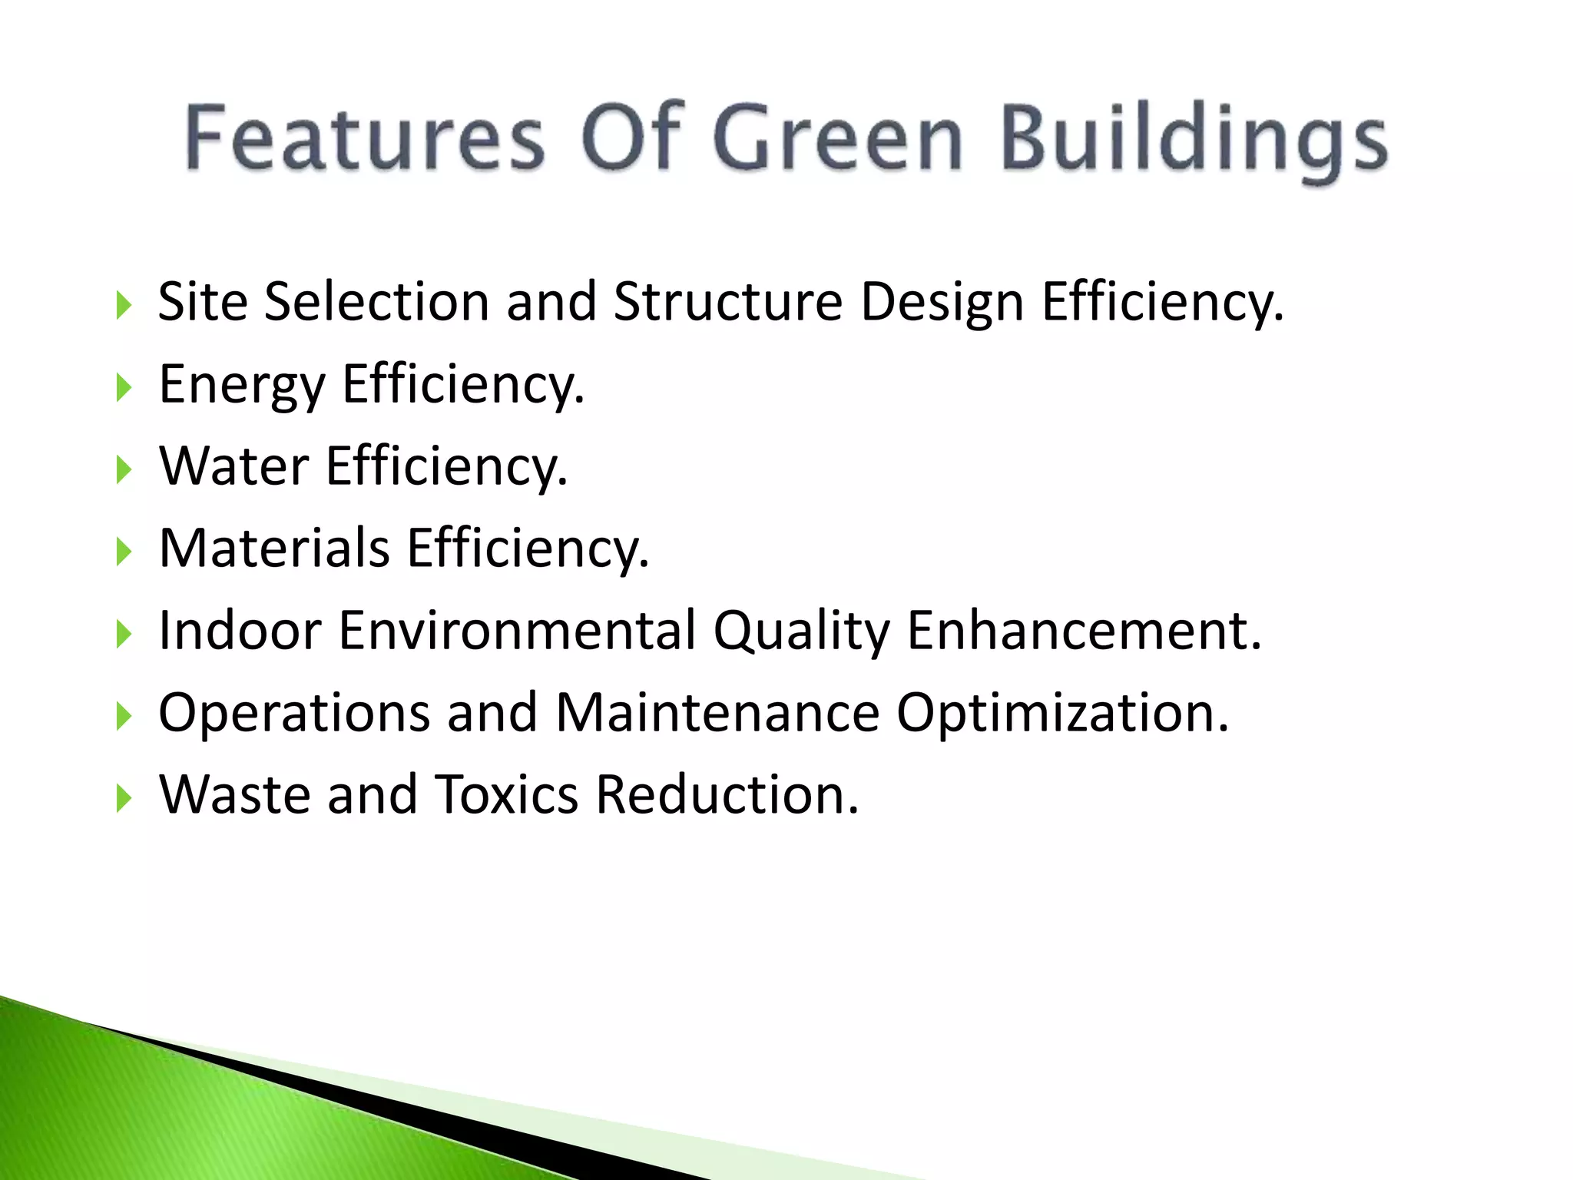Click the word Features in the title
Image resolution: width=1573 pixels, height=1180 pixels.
365,138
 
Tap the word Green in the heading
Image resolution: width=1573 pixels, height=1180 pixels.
838,138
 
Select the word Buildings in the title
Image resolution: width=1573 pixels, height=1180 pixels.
1195,142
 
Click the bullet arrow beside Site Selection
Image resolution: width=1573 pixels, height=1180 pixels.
123,305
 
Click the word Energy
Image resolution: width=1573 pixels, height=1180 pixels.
242,385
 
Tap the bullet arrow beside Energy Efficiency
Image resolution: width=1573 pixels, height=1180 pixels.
123,387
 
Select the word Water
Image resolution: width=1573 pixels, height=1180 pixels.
233,466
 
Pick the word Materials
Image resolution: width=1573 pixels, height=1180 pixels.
274,549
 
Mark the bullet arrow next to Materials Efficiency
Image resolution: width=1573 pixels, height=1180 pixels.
123,552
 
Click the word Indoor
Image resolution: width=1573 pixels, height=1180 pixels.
240,631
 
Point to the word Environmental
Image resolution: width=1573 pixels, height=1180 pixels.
517,631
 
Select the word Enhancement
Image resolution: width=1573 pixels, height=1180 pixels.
1084,631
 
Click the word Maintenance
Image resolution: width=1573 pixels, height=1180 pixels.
717,713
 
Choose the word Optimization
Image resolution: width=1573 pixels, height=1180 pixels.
1062,714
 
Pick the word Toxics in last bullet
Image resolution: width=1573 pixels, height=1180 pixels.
507,795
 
